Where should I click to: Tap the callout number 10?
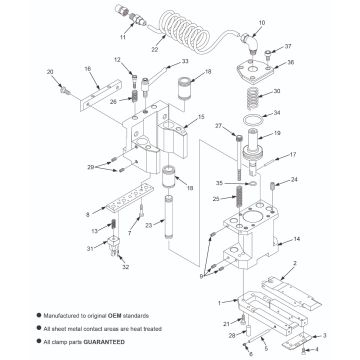[x=261, y=21]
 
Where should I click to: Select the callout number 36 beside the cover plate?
[x=291, y=62]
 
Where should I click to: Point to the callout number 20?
[x=49, y=73]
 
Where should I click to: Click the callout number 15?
[x=200, y=117]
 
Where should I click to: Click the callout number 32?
[x=125, y=268]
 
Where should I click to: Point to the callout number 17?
[x=293, y=155]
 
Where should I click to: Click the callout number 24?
[x=293, y=179]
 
